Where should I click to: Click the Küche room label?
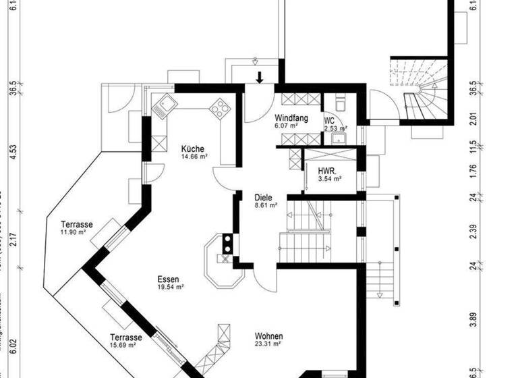(x=192, y=148)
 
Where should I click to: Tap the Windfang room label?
(x=291, y=118)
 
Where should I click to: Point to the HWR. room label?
(x=328, y=171)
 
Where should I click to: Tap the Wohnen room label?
(x=268, y=336)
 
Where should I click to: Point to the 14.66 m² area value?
(x=194, y=157)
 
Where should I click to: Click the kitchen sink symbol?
(x=165, y=106)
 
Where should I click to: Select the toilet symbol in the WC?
(x=340, y=102)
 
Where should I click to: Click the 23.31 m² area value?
(x=268, y=344)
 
